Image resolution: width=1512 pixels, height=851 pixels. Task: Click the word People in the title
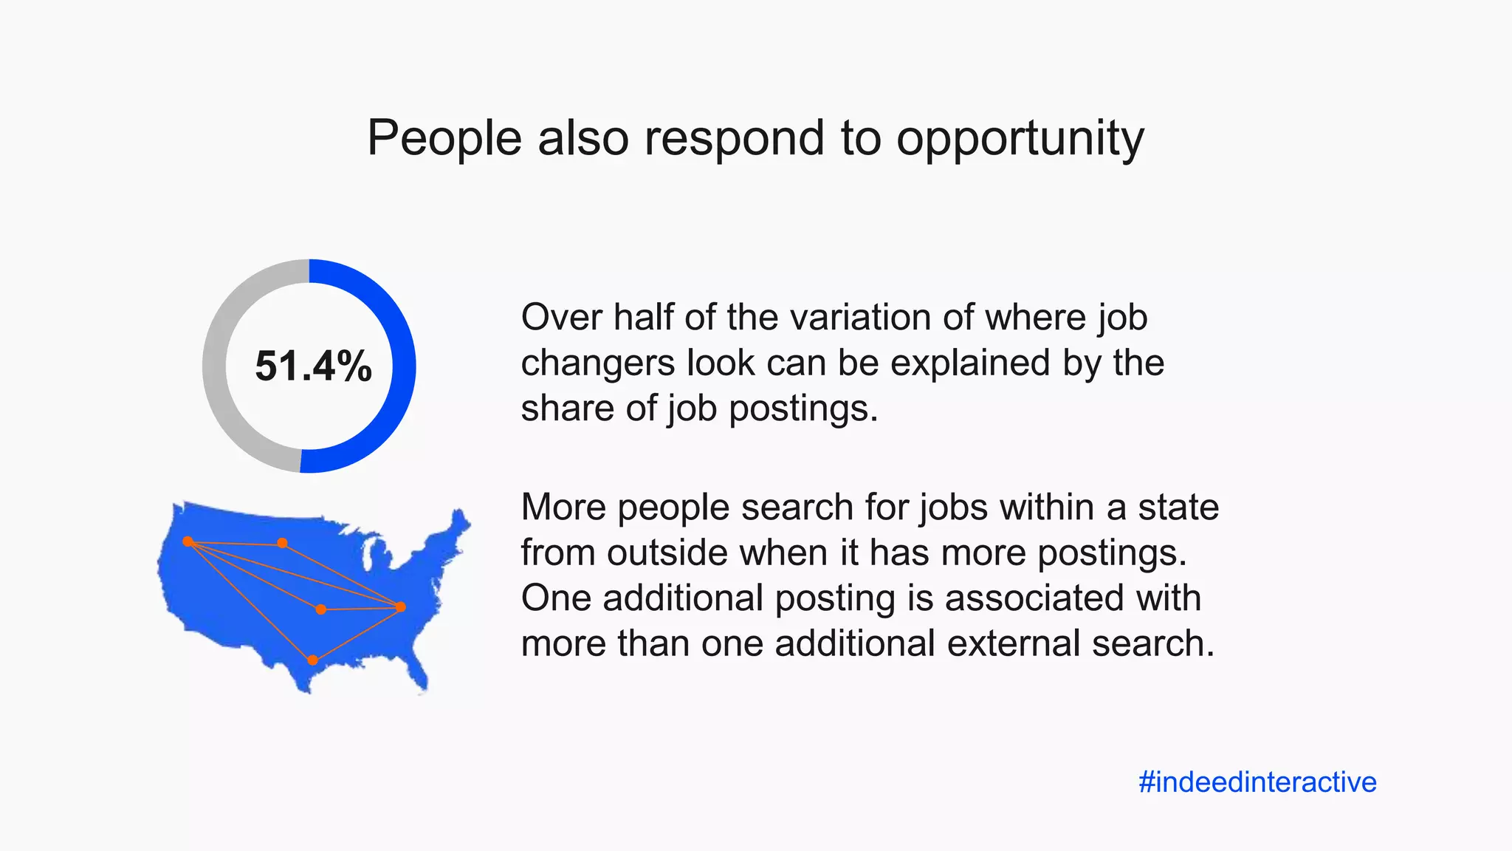(x=444, y=138)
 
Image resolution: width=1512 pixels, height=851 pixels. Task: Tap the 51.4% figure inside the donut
(x=313, y=366)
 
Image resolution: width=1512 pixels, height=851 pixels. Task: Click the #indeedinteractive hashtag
(x=1257, y=782)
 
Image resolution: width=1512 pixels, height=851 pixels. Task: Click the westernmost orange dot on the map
(x=188, y=541)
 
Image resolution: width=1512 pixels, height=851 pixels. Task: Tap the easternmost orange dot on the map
(x=401, y=607)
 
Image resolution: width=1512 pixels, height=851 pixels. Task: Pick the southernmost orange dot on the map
(x=312, y=660)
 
